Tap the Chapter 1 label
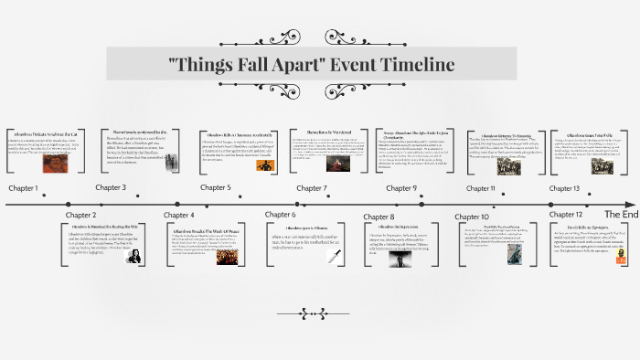pyautogui.click(x=24, y=188)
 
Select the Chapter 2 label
pyautogui.click(x=80, y=216)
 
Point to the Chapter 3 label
pyautogui.click(x=111, y=188)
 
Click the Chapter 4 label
pyautogui.click(x=179, y=216)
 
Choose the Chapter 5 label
pyautogui.click(x=216, y=188)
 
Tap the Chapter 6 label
pyautogui.click(x=280, y=216)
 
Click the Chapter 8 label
pyautogui.click(x=379, y=217)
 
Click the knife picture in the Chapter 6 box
pyautogui.click(x=334, y=256)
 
